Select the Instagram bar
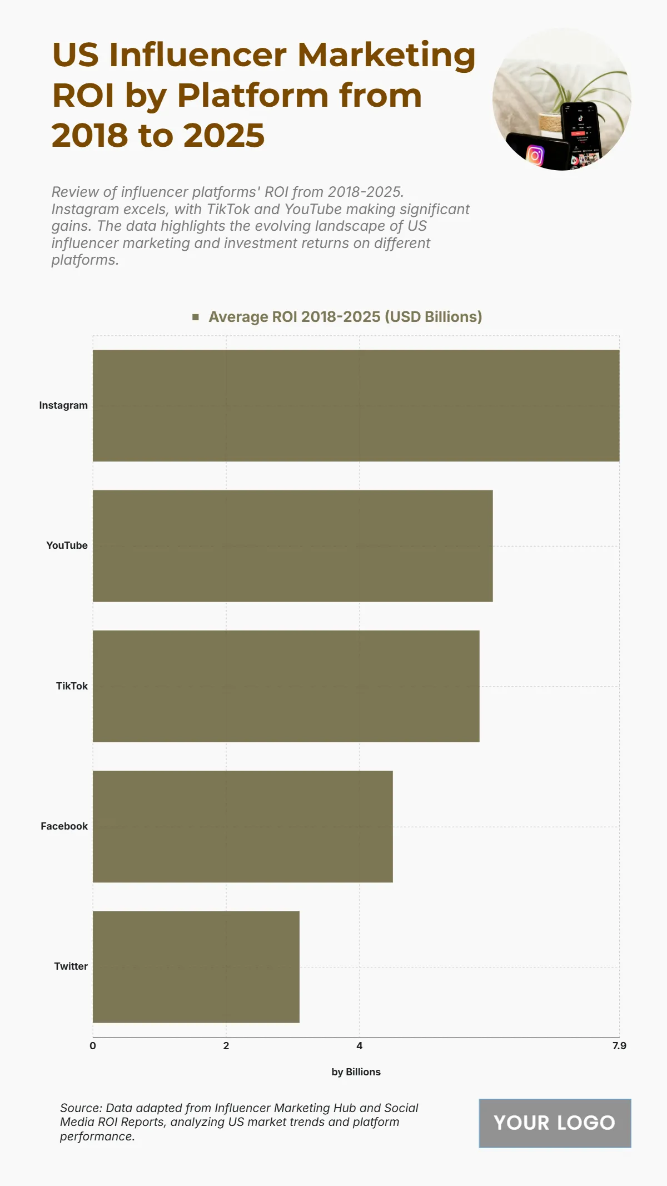point(356,405)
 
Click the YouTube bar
point(292,545)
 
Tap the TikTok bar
point(286,686)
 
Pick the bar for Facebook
point(242,826)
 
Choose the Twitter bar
point(196,966)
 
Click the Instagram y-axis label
point(63,405)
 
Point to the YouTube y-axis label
point(67,545)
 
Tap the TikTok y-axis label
point(72,686)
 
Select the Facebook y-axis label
point(64,826)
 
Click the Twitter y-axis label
point(71,966)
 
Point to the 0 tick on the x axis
point(93,1045)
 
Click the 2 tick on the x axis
point(226,1045)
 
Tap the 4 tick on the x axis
point(360,1045)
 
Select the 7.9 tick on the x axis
point(619,1045)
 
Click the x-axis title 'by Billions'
point(356,1072)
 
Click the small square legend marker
point(196,317)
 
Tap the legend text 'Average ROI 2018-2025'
point(345,317)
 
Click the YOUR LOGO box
point(555,1123)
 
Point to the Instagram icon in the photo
point(535,155)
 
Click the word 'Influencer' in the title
point(198,55)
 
